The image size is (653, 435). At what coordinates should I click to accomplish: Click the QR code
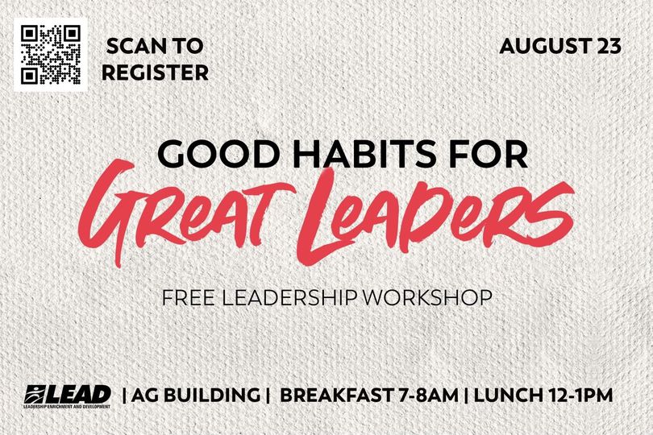coord(51,55)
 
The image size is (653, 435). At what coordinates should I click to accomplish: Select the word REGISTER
coord(155,72)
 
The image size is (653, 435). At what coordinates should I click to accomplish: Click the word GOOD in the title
coord(219,154)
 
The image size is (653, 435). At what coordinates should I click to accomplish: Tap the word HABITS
coord(362,154)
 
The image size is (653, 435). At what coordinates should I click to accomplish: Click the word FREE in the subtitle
coord(188,297)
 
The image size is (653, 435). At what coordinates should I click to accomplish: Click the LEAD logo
coord(68,396)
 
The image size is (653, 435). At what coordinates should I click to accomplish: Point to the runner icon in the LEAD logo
coord(35,394)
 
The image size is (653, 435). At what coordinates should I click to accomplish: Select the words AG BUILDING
coord(195,396)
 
